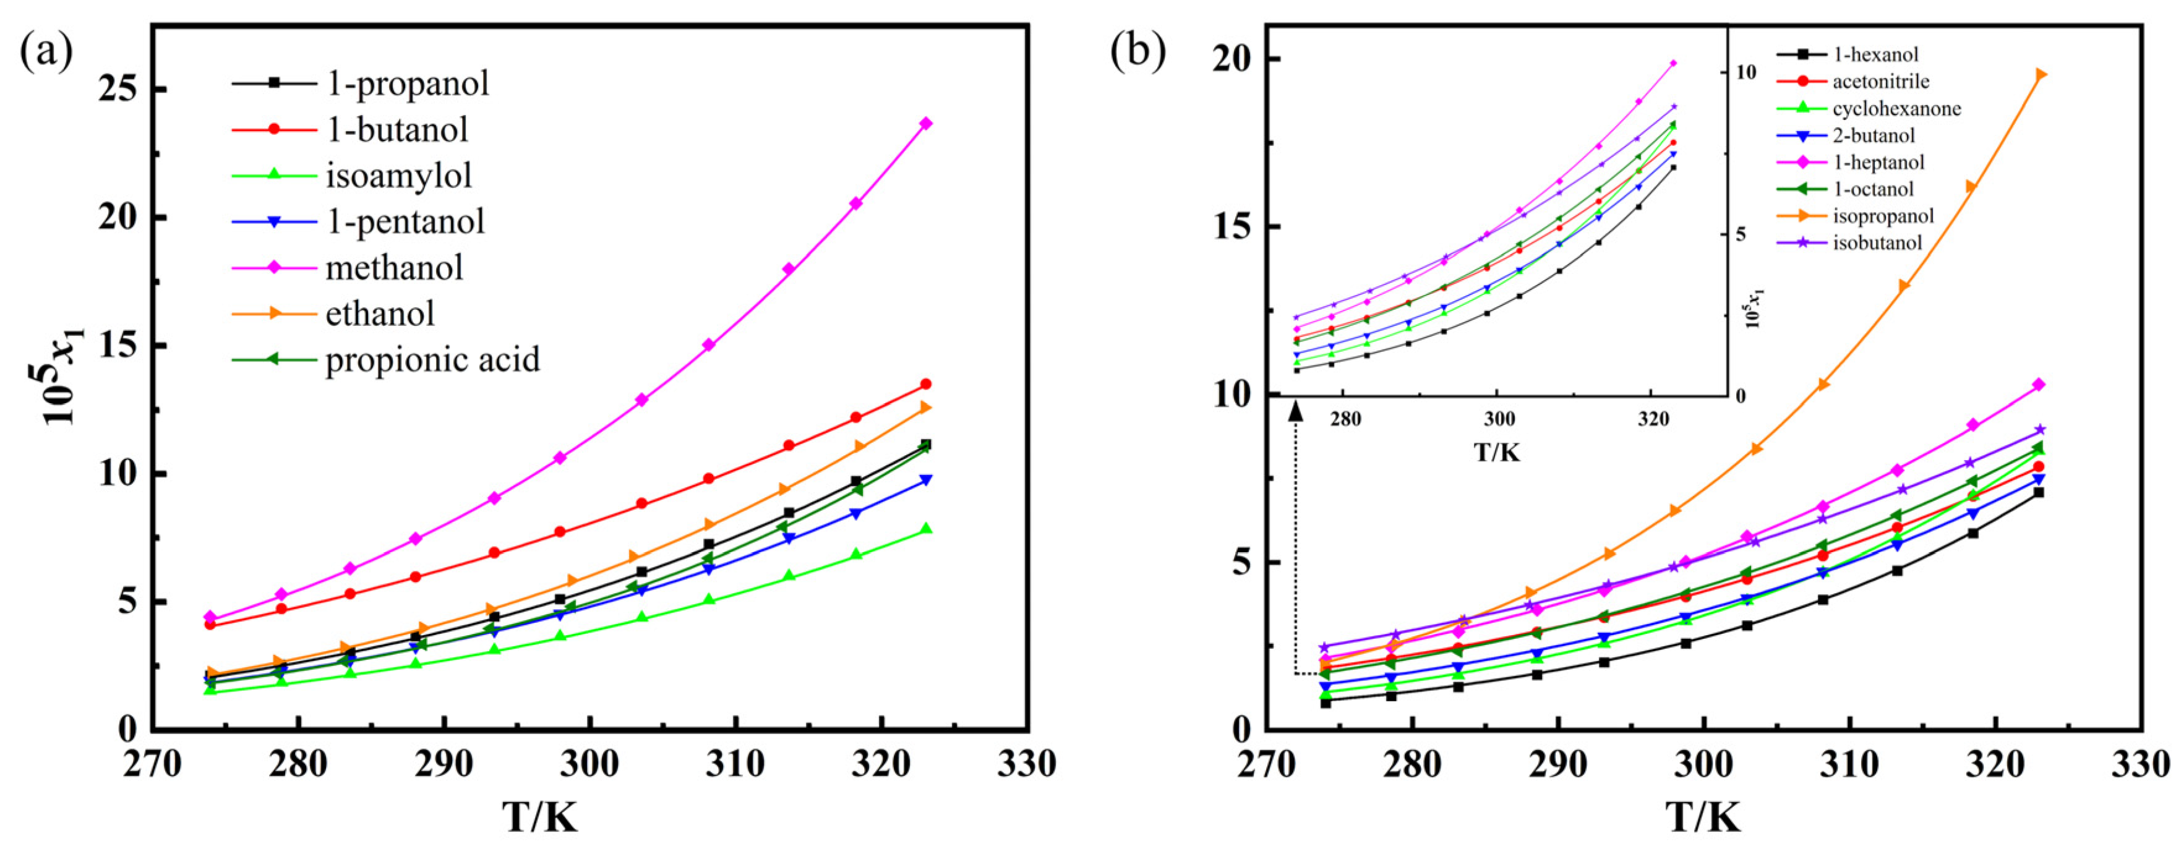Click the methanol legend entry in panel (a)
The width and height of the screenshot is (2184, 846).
click(394, 268)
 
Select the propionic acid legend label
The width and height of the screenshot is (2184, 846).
click(432, 359)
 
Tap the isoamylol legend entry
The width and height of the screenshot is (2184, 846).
click(398, 176)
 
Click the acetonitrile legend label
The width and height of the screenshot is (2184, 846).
click(1879, 82)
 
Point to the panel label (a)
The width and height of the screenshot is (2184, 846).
click(46, 53)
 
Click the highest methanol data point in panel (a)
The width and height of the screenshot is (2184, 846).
click(926, 124)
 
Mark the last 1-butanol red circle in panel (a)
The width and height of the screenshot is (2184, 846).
click(926, 384)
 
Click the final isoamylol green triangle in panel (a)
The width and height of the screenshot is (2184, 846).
click(926, 529)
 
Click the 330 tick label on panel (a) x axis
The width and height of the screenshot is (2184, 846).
click(1027, 764)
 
